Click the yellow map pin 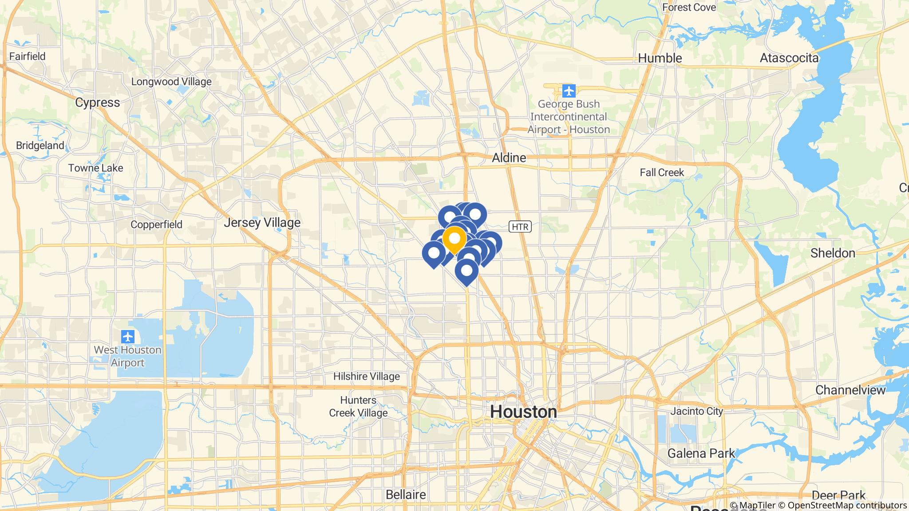point(454,239)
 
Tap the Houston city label point(523,412)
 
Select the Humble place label point(660,58)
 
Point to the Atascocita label point(789,58)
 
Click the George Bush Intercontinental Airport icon point(569,91)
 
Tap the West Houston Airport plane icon point(127,336)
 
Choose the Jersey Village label point(262,222)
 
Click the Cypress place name point(97,102)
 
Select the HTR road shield point(520,227)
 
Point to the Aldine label point(509,157)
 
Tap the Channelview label point(850,390)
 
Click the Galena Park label point(701,453)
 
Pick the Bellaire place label point(406,494)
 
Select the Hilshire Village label point(367,377)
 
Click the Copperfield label point(156,224)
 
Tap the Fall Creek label point(662,173)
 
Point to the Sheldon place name point(832,253)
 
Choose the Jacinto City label point(696,411)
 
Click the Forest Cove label point(689,7)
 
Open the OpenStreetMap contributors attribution point(847,505)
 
